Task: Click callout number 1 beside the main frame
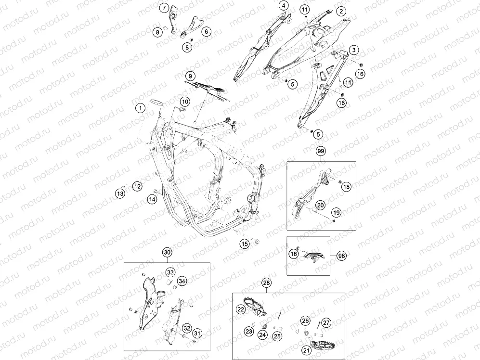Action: (x=141, y=108)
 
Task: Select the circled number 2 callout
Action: (x=341, y=12)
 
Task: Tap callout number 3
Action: (x=354, y=50)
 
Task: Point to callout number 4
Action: (x=284, y=5)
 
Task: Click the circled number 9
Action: (x=190, y=76)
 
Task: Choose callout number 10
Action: (x=184, y=102)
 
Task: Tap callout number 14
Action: (x=152, y=199)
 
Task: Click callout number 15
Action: (x=244, y=244)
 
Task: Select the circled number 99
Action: (x=321, y=151)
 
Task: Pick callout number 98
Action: (x=342, y=256)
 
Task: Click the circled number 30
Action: (x=167, y=252)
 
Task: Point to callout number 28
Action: (x=267, y=283)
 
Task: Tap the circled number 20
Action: (x=321, y=205)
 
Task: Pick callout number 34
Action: (x=182, y=281)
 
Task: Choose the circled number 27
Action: (x=326, y=322)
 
